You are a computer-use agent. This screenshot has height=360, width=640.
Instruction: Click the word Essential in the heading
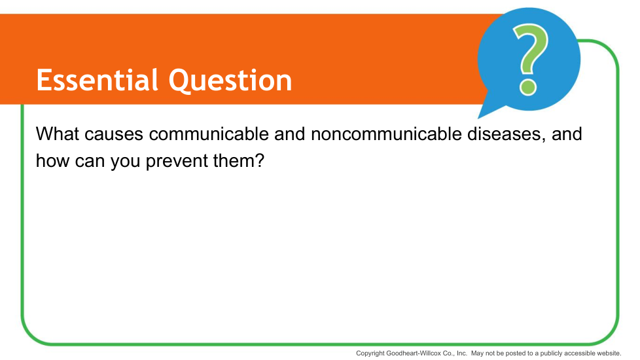point(97,80)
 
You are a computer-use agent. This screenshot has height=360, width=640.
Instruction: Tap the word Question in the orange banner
point(230,81)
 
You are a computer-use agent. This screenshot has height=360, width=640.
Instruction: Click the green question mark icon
point(530,60)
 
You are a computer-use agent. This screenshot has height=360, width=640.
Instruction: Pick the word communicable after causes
point(209,134)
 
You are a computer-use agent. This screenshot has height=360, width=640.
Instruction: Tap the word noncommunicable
point(386,134)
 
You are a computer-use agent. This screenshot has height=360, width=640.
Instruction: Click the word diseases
point(507,134)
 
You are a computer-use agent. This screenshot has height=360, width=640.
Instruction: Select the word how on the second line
point(52,161)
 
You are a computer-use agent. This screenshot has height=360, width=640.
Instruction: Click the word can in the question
point(90,163)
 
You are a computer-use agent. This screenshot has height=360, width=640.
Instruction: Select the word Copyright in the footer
point(370,353)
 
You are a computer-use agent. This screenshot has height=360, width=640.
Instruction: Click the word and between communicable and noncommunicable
point(290,134)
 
